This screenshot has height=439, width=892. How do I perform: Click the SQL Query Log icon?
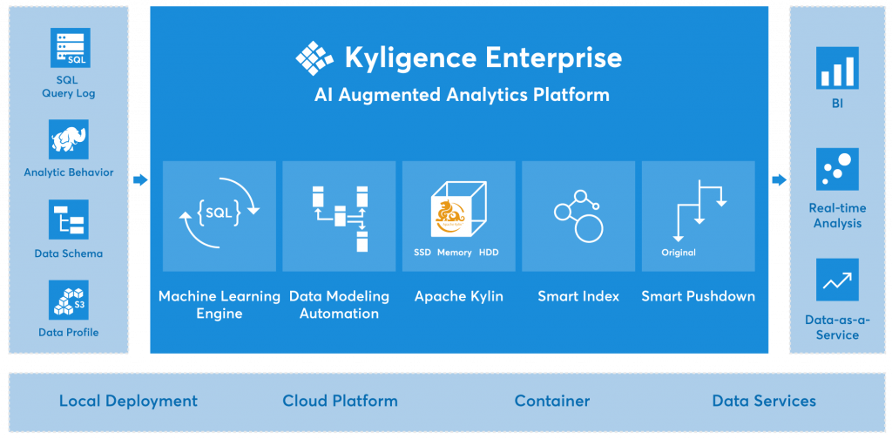click(x=70, y=48)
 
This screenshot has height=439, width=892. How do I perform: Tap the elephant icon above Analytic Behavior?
click(x=69, y=139)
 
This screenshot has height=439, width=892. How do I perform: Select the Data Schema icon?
click(x=69, y=219)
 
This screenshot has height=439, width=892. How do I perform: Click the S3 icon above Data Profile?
click(x=69, y=299)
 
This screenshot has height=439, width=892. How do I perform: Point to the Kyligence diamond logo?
click(x=314, y=57)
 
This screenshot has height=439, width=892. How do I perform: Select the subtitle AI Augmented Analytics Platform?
click(x=462, y=94)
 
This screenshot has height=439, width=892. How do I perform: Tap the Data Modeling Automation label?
click(x=339, y=305)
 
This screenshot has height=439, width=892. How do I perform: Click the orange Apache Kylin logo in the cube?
click(x=452, y=214)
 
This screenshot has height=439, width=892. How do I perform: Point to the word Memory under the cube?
click(x=455, y=253)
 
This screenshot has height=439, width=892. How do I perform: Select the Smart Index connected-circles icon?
click(x=578, y=214)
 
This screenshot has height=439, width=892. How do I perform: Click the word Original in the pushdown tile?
click(x=679, y=253)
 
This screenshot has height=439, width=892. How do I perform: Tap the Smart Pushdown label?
click(x=698, y=296)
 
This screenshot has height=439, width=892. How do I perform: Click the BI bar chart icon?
click(x=837, y=68)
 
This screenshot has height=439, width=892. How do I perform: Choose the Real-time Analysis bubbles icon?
click(x=837, y=168)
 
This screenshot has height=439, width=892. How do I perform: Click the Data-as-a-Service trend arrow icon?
click(x=837, y=280)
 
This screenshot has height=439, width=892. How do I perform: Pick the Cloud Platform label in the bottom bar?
click(x=340, y=402)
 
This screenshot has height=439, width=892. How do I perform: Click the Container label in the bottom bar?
click(x=552, y=402)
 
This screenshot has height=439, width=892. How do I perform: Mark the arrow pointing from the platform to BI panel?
click(x=779, y=179)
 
